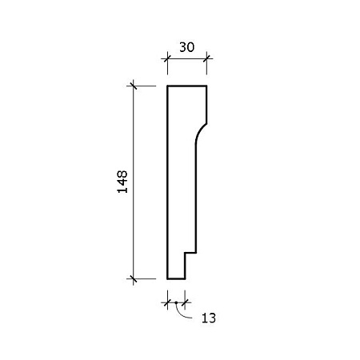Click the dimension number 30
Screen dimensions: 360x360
[187, 47]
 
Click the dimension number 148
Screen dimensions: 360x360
[122, 182]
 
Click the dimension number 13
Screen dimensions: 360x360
[209, 318]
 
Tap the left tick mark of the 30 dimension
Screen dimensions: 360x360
[167, 58]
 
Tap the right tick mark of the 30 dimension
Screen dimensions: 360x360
[206, 58]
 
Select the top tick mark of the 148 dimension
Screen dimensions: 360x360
[133, 86]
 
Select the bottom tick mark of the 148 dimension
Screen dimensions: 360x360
[133, 279]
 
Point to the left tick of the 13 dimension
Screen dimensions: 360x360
[167, 302]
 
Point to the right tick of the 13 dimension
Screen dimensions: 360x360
[185, 302]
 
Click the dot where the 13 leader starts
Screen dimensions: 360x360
[176, 302]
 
